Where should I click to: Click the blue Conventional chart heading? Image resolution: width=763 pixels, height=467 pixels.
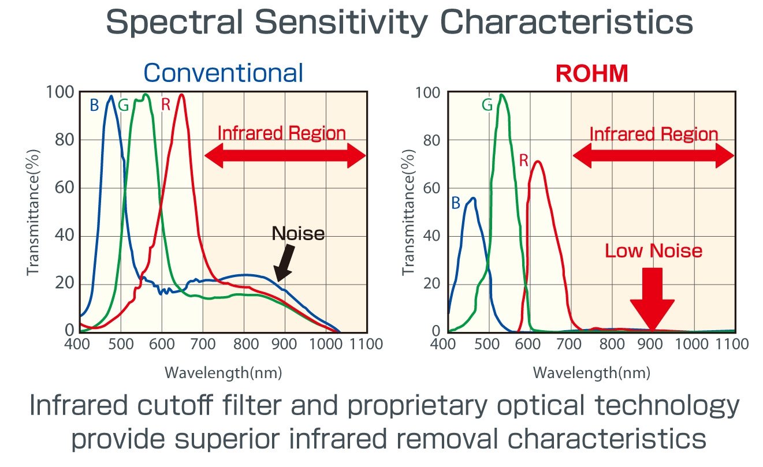coord(223,73)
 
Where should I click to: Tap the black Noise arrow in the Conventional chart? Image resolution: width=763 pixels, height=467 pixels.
coord(285,263)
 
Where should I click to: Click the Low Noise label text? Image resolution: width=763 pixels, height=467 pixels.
coord(653,251)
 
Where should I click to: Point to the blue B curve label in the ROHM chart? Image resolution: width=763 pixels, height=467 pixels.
coord(456,203)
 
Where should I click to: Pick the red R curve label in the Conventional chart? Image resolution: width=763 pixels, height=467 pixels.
coord(166,106)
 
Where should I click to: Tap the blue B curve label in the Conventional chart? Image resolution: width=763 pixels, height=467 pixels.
coord(94,106)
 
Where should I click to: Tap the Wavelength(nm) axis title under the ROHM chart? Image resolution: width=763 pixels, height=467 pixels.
coord(591,372)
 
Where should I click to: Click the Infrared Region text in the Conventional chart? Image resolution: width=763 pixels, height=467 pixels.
coord(281,133)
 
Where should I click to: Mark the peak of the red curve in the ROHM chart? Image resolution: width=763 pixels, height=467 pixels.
coord(538,162)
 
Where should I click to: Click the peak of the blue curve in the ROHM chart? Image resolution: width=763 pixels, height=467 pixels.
coord(474,198)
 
